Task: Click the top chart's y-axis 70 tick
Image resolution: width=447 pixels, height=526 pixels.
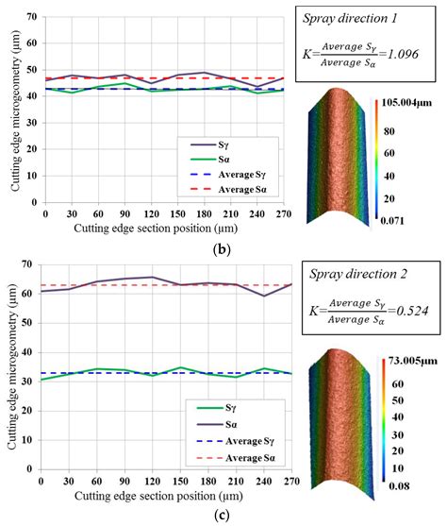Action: pyautogui.click(x=32, y=18)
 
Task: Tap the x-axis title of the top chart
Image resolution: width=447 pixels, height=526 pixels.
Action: pyautogui.click(x=157, y=231)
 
